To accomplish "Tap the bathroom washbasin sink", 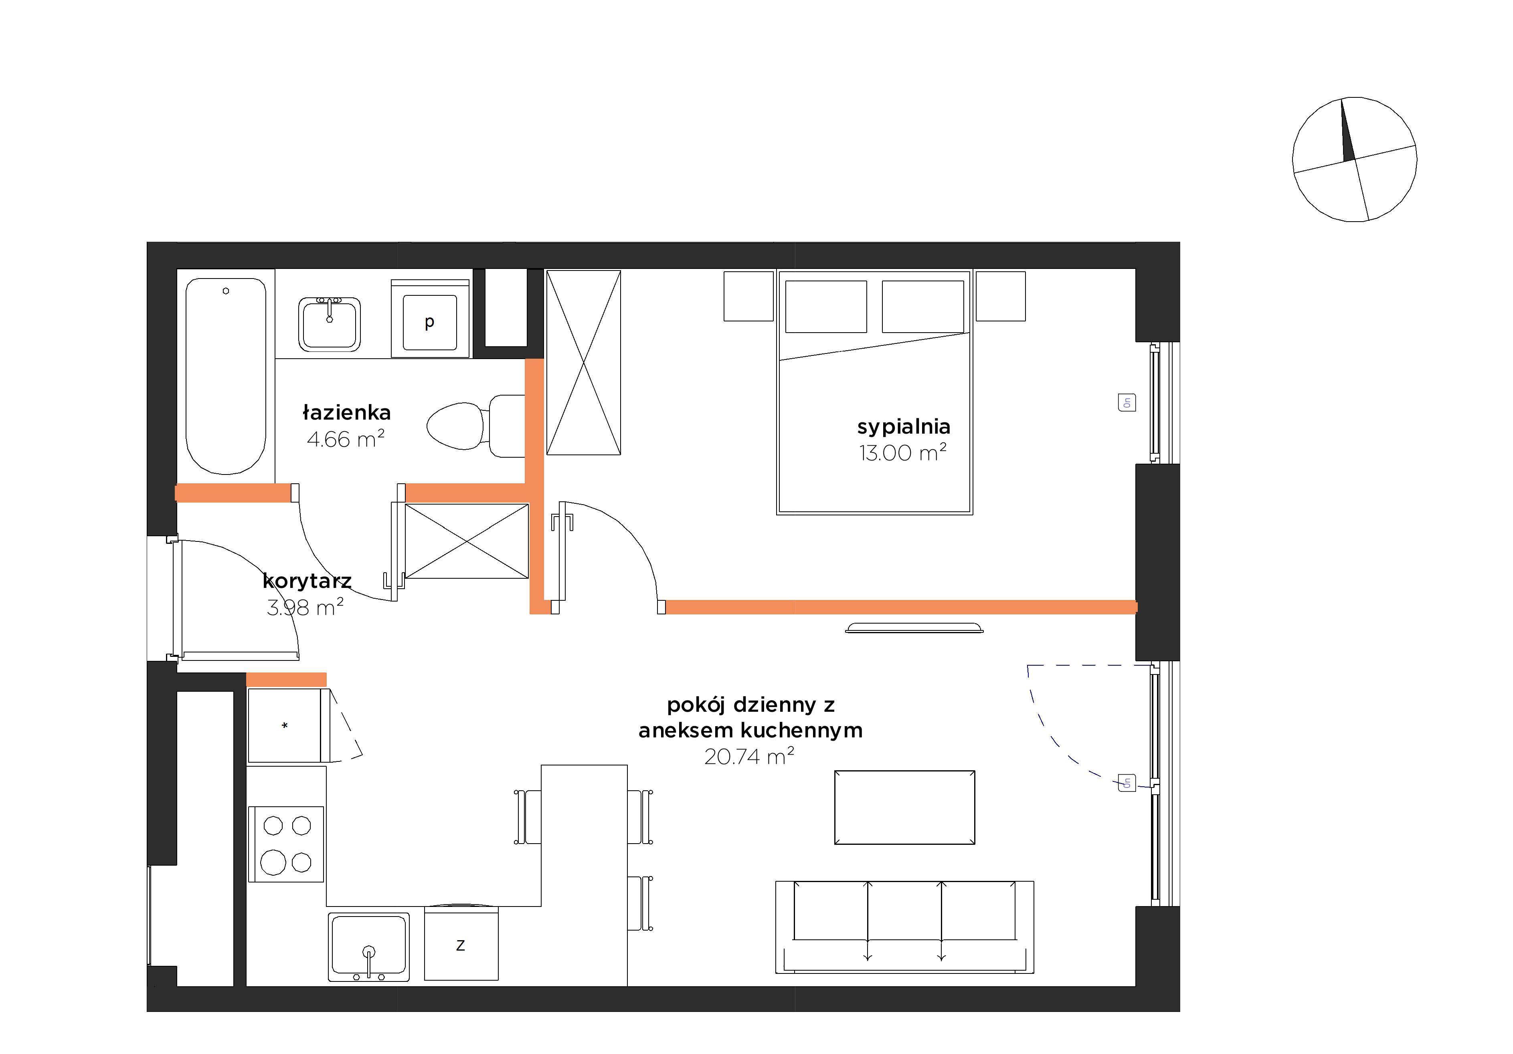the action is [330, 324].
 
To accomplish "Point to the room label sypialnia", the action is [904, 427].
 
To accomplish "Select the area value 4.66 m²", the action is [346, 439].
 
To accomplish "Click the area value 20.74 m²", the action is [749, 756].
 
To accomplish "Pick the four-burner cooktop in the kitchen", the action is [286, 844].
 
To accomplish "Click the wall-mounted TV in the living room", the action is [914, 627].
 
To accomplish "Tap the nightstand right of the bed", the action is [1000, 297].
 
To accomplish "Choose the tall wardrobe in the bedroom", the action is [584, 362].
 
